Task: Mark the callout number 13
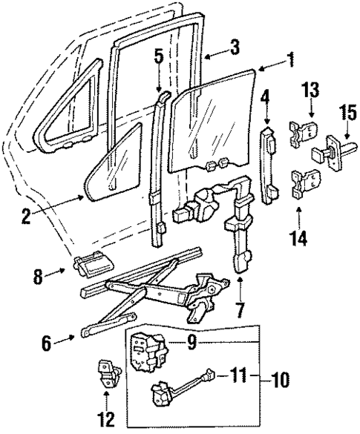point(310,91)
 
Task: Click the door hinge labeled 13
point(301,131)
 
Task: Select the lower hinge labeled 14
point(304,185)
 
